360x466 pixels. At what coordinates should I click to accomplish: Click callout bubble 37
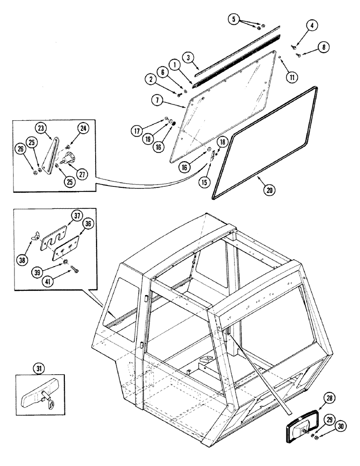(76, 215)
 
